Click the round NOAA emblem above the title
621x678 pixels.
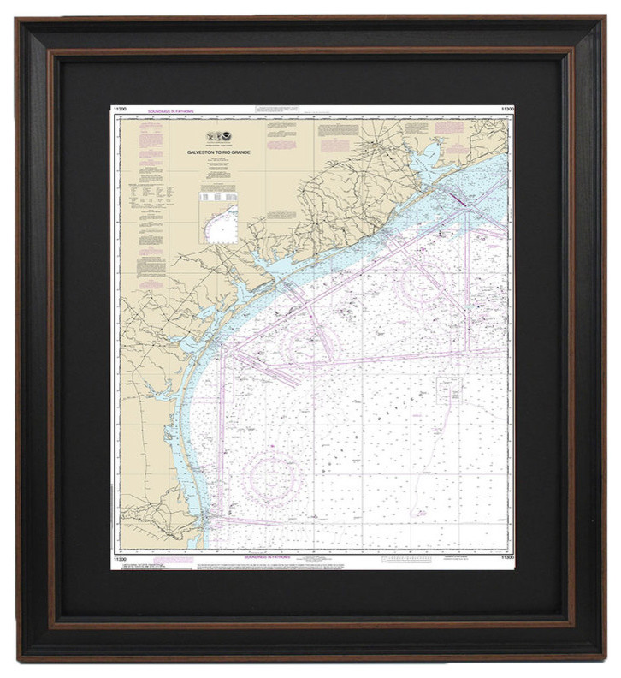(226, 136)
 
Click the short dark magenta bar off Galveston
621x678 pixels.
(457, 199)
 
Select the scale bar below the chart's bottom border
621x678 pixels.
(411, 561)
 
